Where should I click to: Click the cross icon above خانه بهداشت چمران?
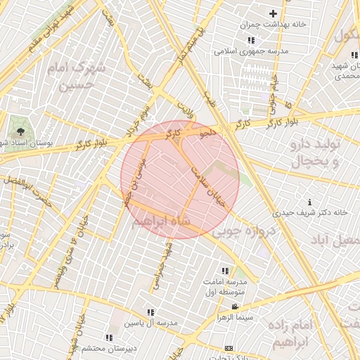(x=273, y=13)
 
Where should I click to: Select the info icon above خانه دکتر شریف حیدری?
(x=310, y=202)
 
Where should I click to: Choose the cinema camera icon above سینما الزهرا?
(x=235, y=307)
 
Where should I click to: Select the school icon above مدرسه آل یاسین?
(x=150, y=312)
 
